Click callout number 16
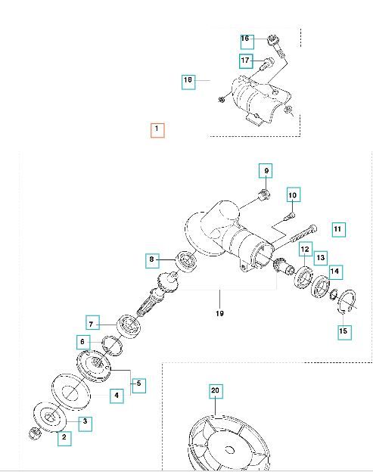coord(246,39)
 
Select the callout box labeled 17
coord(246,60)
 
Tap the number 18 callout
coord(188,81)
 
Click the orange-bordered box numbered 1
coord(157,129)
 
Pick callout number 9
coord(266,170)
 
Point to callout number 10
coord(293,195)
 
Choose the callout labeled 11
coord(338,228)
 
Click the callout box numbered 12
coord(304,249)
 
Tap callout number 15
coord(344,331)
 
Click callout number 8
coord(152,260)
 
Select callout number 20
coord(216,391)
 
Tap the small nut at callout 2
coord(34,432)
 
